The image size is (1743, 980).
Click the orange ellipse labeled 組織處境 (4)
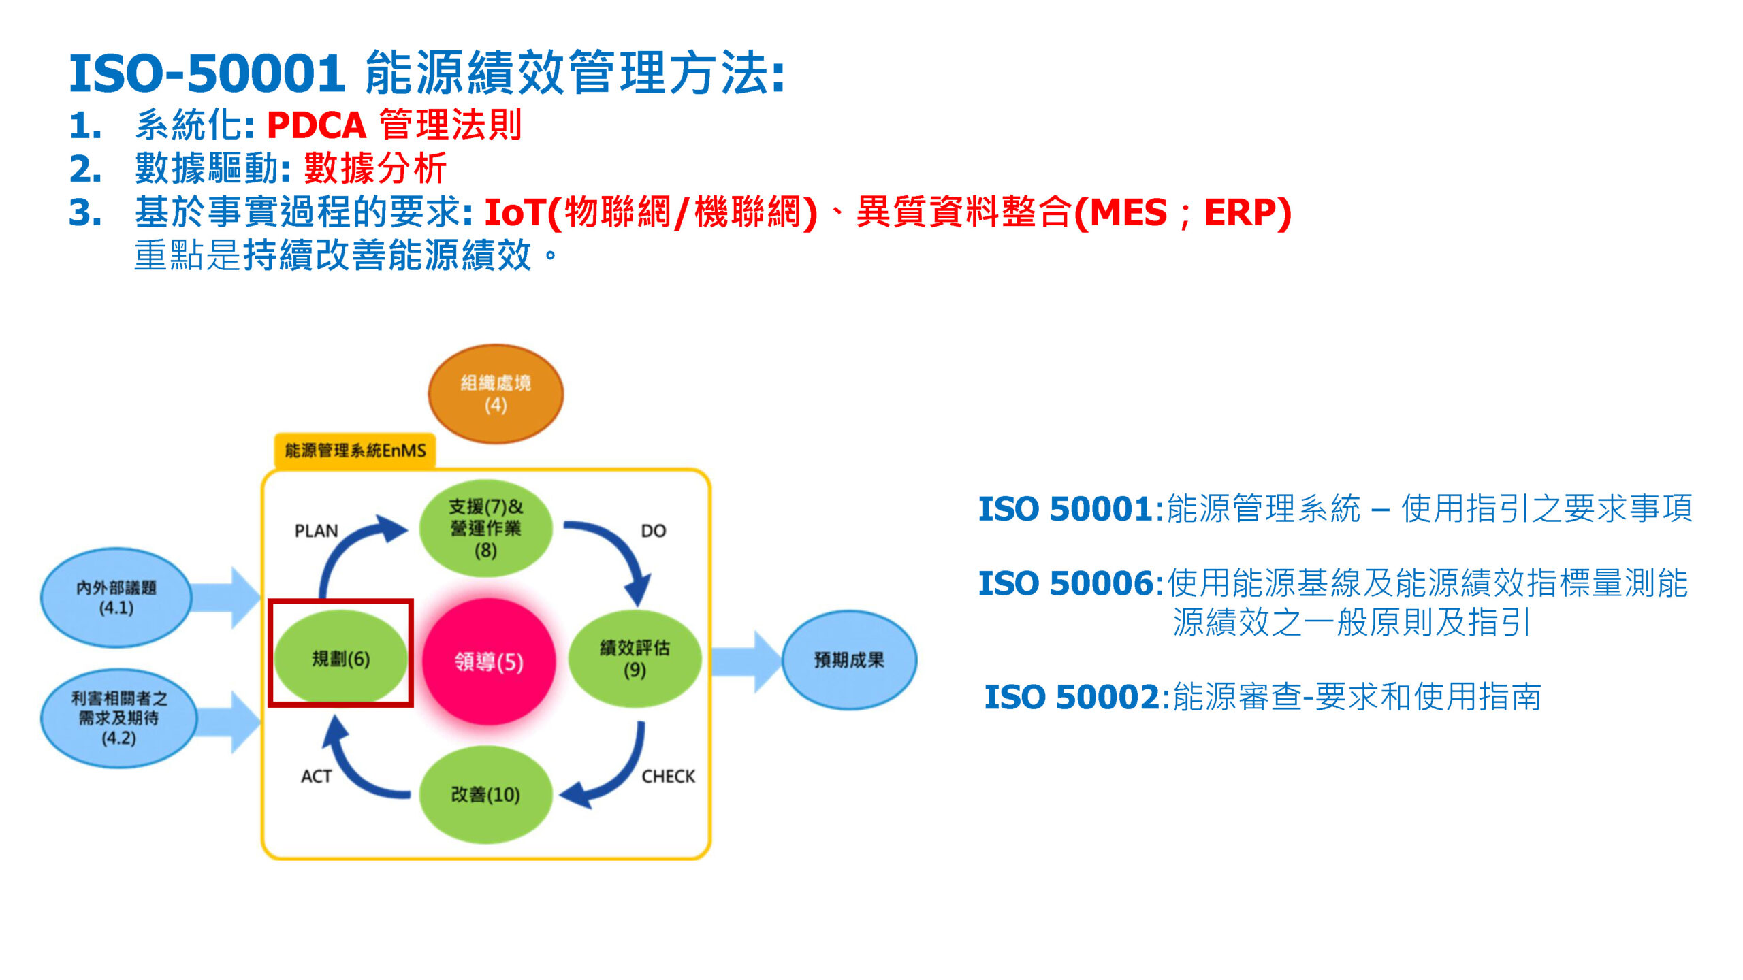coord(495,394)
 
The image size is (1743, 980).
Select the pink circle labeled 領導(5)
coord(489,661)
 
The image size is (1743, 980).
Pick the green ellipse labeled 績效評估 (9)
coord(635,658)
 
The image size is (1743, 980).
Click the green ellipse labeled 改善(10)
coord(485,794)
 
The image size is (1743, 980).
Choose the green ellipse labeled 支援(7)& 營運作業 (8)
coord(485,527)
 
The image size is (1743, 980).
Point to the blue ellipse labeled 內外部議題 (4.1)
coord(116,598)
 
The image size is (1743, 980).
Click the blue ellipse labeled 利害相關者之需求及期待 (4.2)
coord(119,718)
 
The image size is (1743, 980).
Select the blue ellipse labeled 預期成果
coord(849,659)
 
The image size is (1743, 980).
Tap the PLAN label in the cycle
coord(316,531)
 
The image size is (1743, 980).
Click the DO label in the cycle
coord(653,531)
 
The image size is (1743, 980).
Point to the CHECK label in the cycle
coord(668,777)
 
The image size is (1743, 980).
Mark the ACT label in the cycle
coord(316,777)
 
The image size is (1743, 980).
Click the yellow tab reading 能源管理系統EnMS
coord(355,451)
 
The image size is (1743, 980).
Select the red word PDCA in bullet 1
coord(317,125)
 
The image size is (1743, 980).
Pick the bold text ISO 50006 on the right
coord(1066,583)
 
